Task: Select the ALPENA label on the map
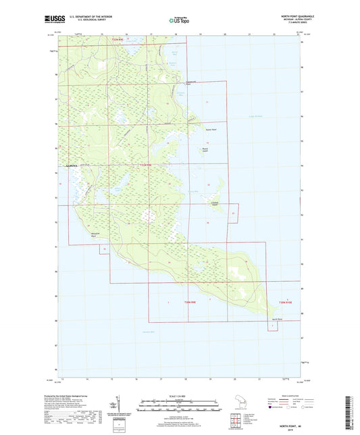click(71, 165)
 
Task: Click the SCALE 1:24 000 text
click(180, 395)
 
